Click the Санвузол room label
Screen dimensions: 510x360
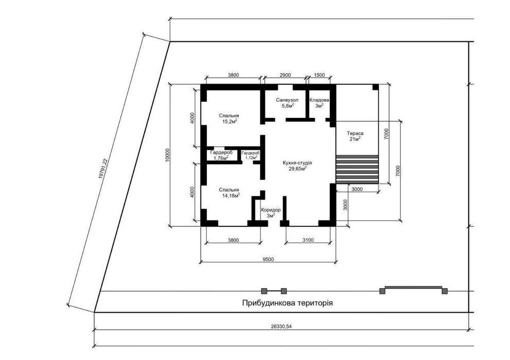tap(287, 100)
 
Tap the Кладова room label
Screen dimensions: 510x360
tap(319, 100)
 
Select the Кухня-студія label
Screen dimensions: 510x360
tap(297, 163)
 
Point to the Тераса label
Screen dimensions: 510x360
tap(355, 133)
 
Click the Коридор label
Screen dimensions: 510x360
tap(271, 210)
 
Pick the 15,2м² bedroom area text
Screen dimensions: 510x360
tap(229, 121)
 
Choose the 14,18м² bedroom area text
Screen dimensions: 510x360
tap(231, 195)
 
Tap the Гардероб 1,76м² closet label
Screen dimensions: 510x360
tap(221, 155)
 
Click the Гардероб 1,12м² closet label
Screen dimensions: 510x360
tap(251, 155)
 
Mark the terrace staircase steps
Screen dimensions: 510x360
tap(357, 169)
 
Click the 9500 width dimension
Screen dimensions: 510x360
tap(268, 259)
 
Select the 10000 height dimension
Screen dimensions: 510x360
tap(167, 155)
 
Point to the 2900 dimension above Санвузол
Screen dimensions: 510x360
tap(285, 75)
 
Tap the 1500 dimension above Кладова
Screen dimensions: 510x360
tap(320, 75)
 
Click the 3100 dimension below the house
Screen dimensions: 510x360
tap(308, 240)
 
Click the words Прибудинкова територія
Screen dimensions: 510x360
tap(288, 303)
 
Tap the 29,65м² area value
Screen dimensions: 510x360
tap(298, 169)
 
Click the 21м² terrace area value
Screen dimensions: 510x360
tap(355, 139)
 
